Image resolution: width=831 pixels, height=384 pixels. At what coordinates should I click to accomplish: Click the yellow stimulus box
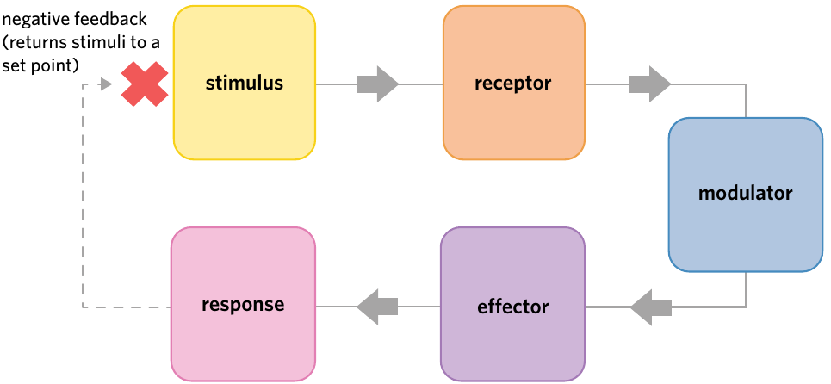coord(245,84)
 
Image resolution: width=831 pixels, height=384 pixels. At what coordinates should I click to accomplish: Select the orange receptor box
coord(514,84)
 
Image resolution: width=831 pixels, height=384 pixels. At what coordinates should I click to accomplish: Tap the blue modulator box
coord(746,195)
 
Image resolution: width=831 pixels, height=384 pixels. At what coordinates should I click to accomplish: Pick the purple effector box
coord(513,304)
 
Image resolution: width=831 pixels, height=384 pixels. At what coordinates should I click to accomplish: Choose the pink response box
coord(243,304)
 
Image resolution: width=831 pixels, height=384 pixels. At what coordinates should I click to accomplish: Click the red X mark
coord(145,84)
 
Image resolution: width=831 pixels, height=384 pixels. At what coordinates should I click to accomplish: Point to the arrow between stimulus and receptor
coord(378,84)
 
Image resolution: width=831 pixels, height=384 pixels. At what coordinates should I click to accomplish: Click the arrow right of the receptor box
coord(650,84)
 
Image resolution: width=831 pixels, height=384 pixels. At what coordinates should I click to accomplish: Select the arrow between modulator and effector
coord(651,307)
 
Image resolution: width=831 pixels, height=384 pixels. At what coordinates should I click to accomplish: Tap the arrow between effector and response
coord(377,307)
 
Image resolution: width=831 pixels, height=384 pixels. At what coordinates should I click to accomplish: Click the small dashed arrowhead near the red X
coord(107,84)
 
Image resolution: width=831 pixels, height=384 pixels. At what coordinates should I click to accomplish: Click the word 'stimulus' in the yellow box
coord(245,84)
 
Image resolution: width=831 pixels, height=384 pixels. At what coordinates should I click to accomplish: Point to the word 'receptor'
coord(513,84)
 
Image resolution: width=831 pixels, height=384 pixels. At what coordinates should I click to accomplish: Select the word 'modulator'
coord(745,193)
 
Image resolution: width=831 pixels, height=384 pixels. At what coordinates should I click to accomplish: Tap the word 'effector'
coord(513,307)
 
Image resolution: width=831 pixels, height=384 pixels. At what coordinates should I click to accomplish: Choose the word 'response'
coord(243,306)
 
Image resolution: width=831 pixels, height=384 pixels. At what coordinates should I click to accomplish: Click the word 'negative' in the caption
coord(34,22)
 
